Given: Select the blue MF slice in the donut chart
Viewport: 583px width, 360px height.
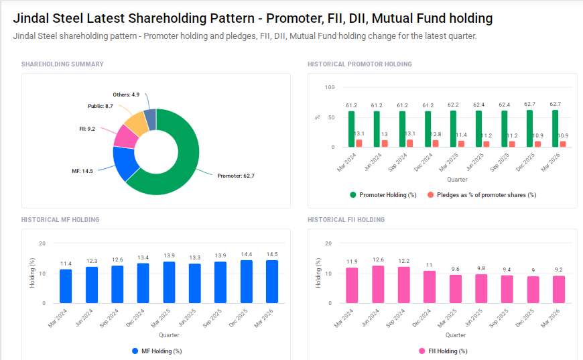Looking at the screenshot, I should pyautogui.click(x=125, y=162).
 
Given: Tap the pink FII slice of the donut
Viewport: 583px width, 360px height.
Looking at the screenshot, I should pyautogui.click(x=125, y=136).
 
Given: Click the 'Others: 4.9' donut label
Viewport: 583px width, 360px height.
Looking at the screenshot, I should pyautogui.click(x=126, y=95).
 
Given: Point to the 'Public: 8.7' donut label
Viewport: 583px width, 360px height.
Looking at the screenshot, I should pyautogui.click(x=101, y=106).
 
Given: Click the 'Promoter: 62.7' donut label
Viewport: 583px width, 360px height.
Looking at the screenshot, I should pyautogui.click(x=236, y=176).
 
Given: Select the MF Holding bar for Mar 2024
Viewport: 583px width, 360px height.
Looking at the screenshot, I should pyautogui.click(x=66, y=286).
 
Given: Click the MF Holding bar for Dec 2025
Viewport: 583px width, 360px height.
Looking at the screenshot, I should pyautogui.click(x=247, y=282).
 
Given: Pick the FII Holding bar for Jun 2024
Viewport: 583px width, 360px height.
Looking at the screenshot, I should pyautogui.click(x=378, y=284).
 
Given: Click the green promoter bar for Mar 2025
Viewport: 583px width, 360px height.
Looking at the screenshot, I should pyautogui.click(x=453, y=129).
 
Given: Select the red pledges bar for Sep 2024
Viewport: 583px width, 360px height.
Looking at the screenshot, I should pyautogui.click(x=410, y=143).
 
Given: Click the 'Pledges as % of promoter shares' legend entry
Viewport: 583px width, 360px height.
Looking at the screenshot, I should pyautogui.click(x=482, y=195).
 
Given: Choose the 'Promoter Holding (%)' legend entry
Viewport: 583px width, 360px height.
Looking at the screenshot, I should pyautogui.click(x=383, y=195).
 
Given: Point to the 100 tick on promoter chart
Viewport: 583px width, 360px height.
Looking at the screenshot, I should pyautogui.click(x=329, y=87).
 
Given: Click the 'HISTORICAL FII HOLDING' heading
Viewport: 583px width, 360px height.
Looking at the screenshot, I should pyautogui.click(x=346, y=220).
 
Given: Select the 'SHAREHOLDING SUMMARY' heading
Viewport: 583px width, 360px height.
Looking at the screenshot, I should pyautogui.click(x=62, y=64).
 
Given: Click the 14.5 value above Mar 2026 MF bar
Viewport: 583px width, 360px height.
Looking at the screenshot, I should pyautogui.click(x=272, y=255).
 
